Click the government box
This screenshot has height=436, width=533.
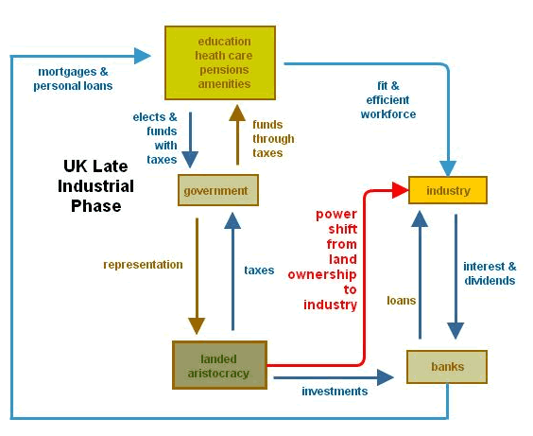(218, 191)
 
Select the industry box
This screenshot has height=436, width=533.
(447, 190)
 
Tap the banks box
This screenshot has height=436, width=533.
(447, 366)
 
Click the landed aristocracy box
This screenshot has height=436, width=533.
(218, 365)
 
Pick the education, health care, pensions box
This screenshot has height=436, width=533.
(224, 62)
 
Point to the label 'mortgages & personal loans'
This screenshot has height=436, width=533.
(74, 78)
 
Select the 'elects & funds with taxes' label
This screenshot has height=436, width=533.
(155, 138)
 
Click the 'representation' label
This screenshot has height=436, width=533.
(143, 265)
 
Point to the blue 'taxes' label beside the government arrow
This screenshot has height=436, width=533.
(259, 270)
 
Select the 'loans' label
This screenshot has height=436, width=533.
(402, 301)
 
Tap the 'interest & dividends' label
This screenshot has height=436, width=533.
(490, 273)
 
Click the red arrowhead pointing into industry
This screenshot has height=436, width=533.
(398, 190)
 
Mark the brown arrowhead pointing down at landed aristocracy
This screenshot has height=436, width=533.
(197, 326)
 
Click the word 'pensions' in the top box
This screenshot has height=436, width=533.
(224, 69)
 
